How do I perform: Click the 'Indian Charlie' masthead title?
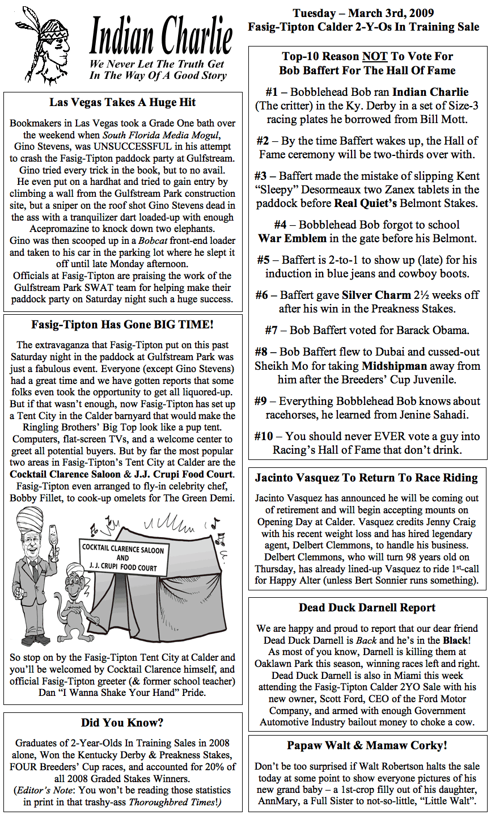(161, 35)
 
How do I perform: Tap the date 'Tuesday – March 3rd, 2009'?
(363, 13)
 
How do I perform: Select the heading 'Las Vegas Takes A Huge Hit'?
(122, 103)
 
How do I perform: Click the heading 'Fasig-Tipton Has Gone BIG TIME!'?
(122, 325)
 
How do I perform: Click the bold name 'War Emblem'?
(293, 238)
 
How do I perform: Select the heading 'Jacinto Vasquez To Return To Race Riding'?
(366, 478)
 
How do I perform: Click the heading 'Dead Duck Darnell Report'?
(367, 608)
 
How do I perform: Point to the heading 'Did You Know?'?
(122, 723)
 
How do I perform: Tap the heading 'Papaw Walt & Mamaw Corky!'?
(367, 745)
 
